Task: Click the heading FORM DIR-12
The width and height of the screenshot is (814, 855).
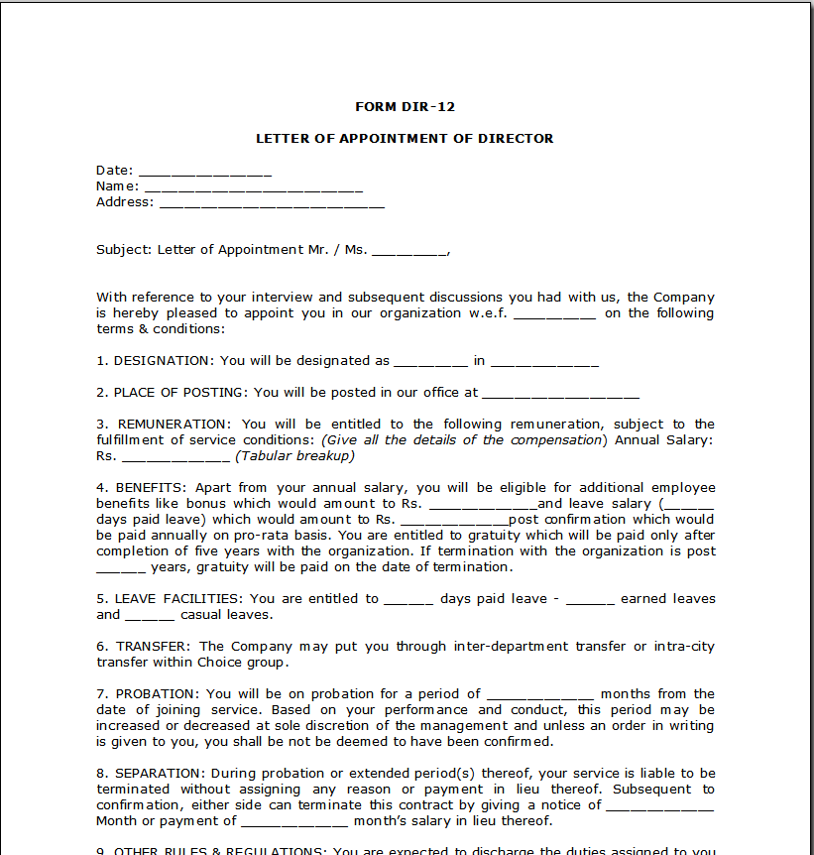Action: click(405, 107)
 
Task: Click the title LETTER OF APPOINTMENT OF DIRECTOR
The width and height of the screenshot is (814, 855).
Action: click(405, 139)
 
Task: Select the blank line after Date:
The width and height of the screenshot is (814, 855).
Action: click(204, 172)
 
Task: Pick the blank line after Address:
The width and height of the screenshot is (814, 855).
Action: click(272, 203)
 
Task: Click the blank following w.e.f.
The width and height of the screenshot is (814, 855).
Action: click(554, 314)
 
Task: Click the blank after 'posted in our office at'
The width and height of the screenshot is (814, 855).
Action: click(560, 394)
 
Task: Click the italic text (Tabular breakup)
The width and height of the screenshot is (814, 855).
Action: click(294, 456)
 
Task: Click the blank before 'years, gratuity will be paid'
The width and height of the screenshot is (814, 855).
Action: click(121, 568)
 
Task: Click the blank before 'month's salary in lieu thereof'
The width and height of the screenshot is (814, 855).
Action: click(294, 822)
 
